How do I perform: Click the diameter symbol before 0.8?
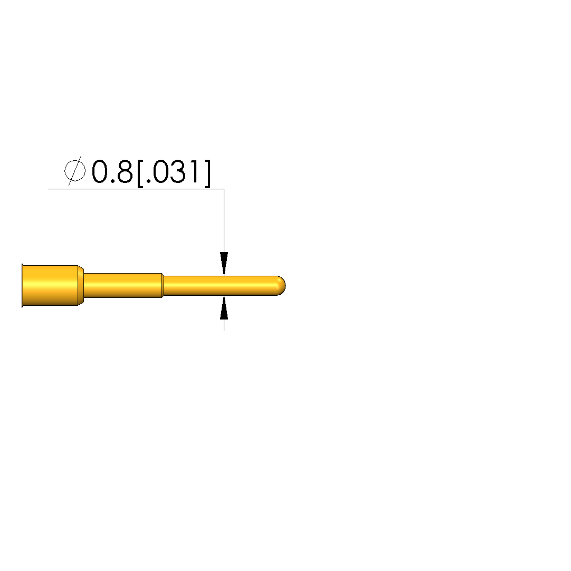75,170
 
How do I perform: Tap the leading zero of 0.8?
100,171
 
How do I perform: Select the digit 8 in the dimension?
125,171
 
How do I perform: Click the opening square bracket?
140,173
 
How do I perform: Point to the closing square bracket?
207,173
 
